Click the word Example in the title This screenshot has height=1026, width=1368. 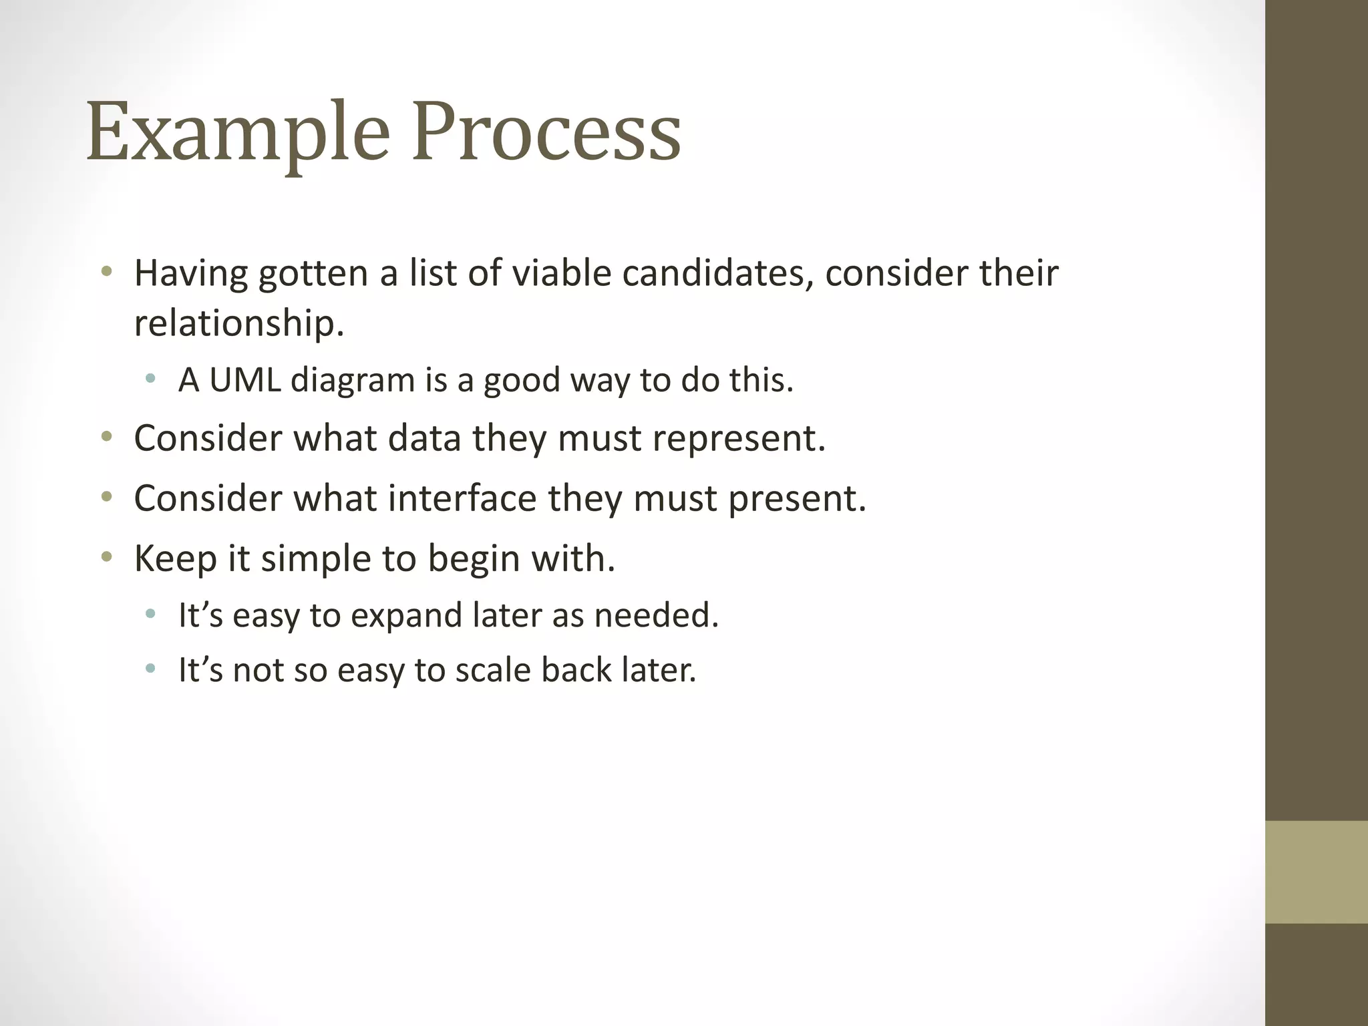(x=237, y=132)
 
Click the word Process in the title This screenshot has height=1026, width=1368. (x=546, y=132)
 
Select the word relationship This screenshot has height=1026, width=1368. (x=238, y=323)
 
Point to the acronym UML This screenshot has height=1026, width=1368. (x=245, y=380)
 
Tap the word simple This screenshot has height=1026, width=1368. (x=316, y=558)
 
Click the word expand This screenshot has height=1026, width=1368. (x=406, y=616)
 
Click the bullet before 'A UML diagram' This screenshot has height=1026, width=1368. (x=150, y=379)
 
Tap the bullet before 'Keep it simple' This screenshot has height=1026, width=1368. (x=106, y=557)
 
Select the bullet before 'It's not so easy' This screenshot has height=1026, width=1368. (x=150, y=669)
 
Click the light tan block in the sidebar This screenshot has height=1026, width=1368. (x=1316, y=872)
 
